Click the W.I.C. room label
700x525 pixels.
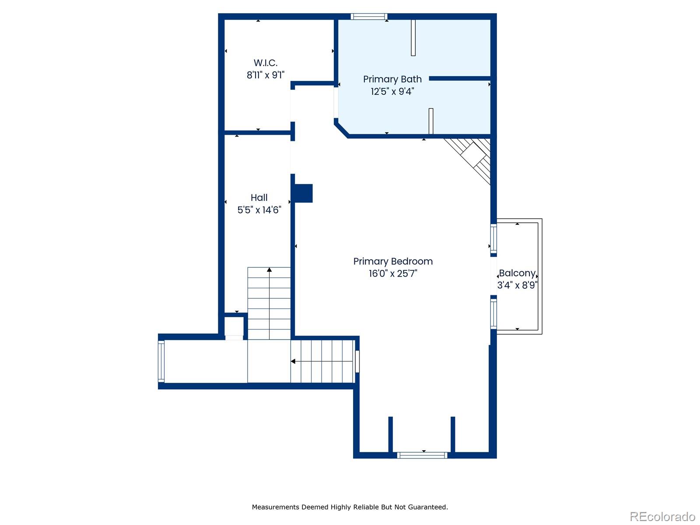click(265, 63)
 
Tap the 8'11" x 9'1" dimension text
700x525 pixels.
click(265, 75)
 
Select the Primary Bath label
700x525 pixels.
click(392, 79)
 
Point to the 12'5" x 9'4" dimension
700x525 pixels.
click(392, 92)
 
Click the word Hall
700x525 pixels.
click(259, 198)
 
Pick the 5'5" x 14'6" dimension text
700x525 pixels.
click(259, 210)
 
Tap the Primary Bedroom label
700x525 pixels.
click(393, 262)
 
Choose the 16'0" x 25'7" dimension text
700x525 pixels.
click(393, 273)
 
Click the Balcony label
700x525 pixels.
click(517, 273)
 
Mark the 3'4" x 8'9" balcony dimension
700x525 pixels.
click(517, 285)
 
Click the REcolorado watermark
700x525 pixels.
click(662, 516)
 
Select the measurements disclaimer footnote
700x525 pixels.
click(350, 507)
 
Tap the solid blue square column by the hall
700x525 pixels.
click(303, 193)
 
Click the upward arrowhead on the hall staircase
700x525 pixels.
click(269, 269)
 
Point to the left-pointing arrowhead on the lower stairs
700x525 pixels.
click(293, 361)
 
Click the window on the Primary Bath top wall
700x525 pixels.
click(369, 17)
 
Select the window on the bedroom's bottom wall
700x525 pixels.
click(422, 455)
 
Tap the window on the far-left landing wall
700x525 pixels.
click(161, 361)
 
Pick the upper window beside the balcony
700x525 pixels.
click(493, 238)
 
